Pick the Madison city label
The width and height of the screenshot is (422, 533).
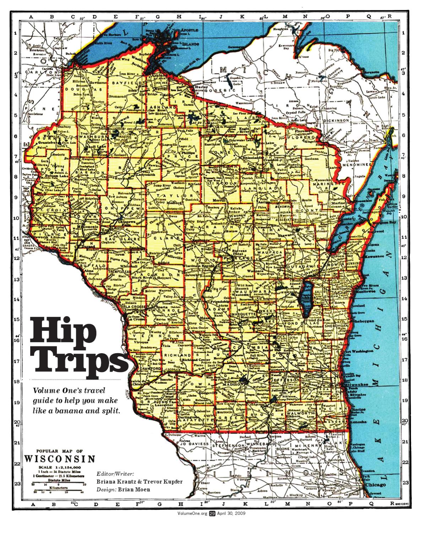[x=233, y=385]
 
